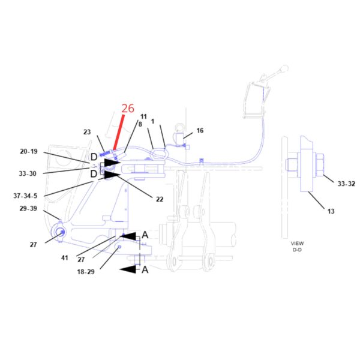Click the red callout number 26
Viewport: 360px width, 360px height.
pos(128,109)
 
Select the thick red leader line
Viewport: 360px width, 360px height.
pos(119,133)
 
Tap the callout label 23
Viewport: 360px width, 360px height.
pos(87,132)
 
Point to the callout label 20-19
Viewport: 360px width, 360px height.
pos(29,152)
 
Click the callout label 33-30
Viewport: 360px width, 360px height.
pos(28,173)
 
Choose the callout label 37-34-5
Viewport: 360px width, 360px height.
pos(25,196)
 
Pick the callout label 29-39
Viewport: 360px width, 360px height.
pos(28,208)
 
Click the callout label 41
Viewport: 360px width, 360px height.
pos(65,258)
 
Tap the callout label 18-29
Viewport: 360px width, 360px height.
pos(86,272)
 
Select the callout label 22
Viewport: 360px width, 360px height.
pos(160,199)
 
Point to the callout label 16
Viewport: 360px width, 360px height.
pos(200,131)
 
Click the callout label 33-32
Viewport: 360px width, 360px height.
pos(346,184)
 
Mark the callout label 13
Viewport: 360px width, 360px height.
pos(331,211)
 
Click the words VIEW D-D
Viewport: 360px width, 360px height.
pos(297,247)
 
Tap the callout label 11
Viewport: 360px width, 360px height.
pos(143,116)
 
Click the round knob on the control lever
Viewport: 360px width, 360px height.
pos(284,68)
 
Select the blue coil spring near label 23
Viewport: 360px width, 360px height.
pos(105,154)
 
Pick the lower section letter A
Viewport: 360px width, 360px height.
pos(145,269)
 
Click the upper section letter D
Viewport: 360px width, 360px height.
pos(94,157)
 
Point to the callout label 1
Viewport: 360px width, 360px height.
pos(152,121)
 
